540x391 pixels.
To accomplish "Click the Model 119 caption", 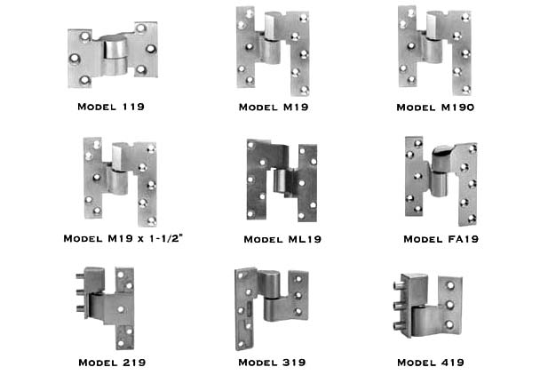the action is coord(111,107).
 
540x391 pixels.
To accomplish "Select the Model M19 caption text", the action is coord(274,108).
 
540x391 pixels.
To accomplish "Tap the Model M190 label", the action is coord(435,108).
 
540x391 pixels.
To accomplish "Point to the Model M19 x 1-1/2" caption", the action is coord(123,238).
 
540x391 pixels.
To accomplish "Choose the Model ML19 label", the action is coord(282,239).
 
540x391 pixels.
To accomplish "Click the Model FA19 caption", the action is coord(441,239).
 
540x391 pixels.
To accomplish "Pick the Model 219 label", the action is coord(112,363).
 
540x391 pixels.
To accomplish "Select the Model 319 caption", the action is coord(272,363).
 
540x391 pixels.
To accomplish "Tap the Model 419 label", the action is coord(431,363).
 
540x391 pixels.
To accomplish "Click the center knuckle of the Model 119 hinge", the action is coord(115,55).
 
